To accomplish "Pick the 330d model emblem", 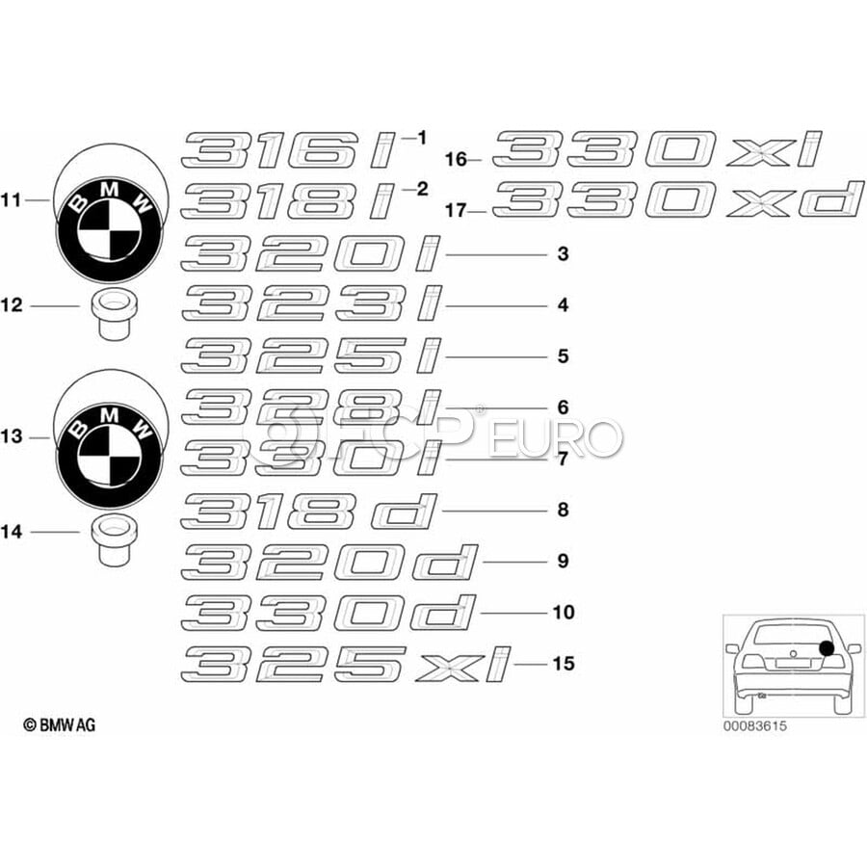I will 328,613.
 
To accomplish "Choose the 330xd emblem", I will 671,200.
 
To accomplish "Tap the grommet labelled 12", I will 113,313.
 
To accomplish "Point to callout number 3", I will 563,255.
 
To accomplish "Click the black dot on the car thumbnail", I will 828,647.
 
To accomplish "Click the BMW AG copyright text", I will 59,724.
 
